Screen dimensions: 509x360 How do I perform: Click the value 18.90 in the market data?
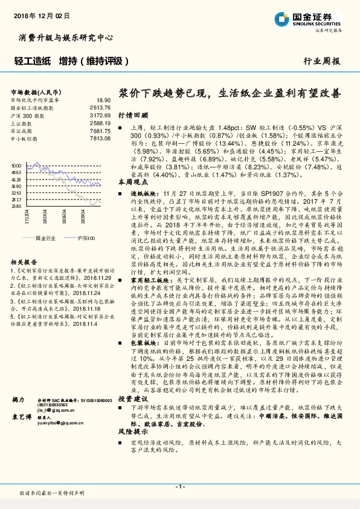tap(103, 100)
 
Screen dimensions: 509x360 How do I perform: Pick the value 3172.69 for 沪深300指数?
tap(100, 114)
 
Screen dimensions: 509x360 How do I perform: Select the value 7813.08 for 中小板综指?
tap(100, 137)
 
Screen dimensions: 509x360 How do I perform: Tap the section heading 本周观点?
tap(133, 181)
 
